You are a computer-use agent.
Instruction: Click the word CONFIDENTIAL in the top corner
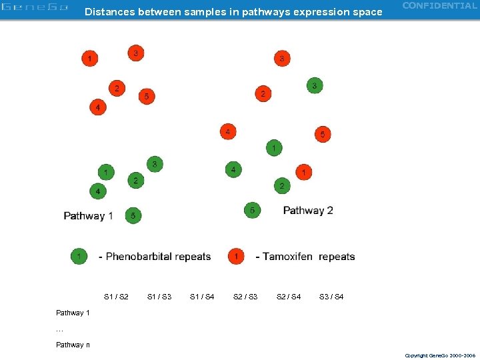pyautogui.click(x=440, y=6)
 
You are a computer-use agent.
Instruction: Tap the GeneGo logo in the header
pyautogui.click(x=35, y=8)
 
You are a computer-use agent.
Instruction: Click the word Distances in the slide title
pyautogui.click(x=109, y=12)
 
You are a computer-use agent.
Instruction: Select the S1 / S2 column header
pyautogui.click(x=117, y=297)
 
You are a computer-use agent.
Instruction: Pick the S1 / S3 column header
pyautogui.click(x=159, y=297)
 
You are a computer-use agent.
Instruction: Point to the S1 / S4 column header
pyautogui.click(x=202, y=297)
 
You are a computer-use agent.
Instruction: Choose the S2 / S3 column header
pyautogui.click(x=245, y=297)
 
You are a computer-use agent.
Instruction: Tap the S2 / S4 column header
pyautogui.click(x=289, y=297)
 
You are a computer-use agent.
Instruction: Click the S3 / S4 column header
pyautogui.click(x=331, y=297)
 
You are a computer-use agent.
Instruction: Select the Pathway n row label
pyautogui.click(x=73, y=345)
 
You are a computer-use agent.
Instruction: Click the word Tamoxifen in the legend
pyautogui.click(x=287, y=257)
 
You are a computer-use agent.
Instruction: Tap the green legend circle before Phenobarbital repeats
pyautogui.click(x=79, y=256)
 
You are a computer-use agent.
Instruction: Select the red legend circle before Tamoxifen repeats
pyautogui.click(x=236, y=256)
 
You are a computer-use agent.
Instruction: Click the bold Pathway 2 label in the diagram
pyautogui.click(x=308, y=211)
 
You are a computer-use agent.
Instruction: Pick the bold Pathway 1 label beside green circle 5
pyautogui.click(x=88, y=216)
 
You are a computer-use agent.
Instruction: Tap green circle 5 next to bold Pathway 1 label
pyautogui.click(x=133, y=215)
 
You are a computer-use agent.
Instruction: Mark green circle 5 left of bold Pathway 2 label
pyautogui.click(x=252, y=210)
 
